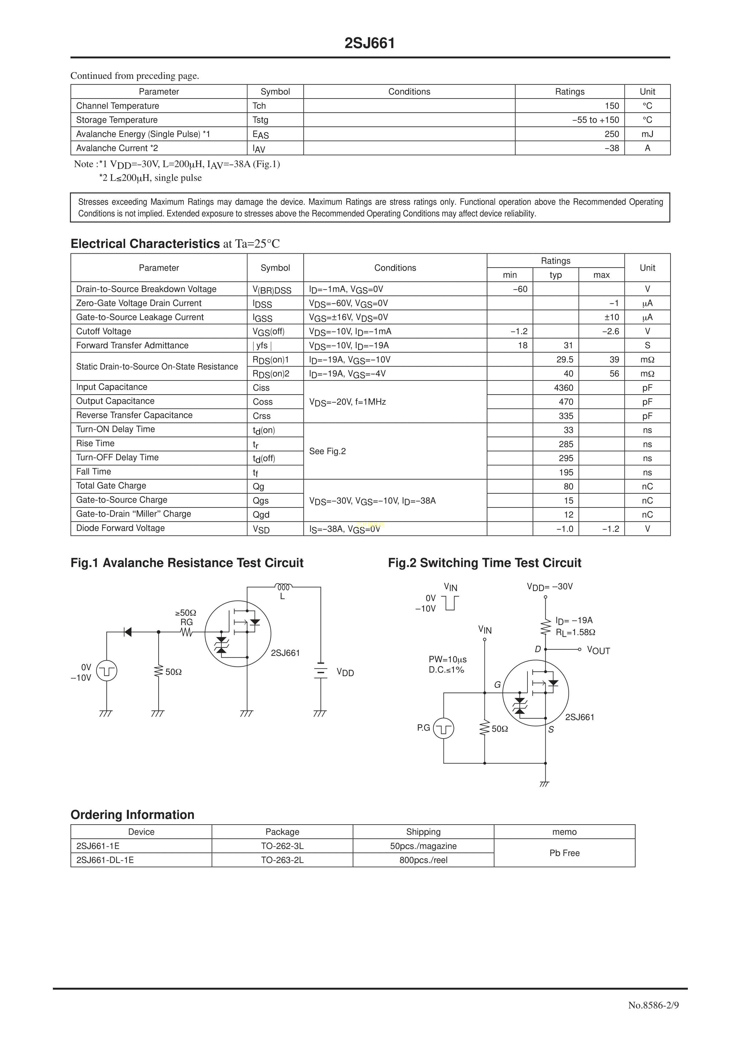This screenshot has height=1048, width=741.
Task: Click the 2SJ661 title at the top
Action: coord(370,43)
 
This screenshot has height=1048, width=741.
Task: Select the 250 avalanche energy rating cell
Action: coord(611,134)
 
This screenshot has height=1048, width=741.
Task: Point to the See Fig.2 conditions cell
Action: coord(327,451)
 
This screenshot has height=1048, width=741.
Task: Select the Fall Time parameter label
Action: coord(93,472)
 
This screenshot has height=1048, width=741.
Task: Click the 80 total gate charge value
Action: coord(568,487)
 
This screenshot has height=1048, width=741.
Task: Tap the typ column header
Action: coord(555,275)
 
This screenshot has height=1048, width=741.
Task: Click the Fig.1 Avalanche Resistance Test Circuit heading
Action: coord(187,563)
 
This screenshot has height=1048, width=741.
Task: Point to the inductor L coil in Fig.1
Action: coord(283,587)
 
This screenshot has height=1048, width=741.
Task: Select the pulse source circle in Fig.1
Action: coord(107,671)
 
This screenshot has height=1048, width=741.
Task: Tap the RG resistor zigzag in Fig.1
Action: coord(186,632)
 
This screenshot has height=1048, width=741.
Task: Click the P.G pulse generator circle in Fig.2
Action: coord(443,728)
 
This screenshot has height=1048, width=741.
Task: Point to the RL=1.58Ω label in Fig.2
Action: coord(575,633)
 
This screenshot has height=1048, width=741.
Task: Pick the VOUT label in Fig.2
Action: coord(598,650)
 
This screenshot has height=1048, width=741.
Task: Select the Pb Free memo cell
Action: coord(564,853)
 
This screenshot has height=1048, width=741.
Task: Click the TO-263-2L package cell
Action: coord(282,860)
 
